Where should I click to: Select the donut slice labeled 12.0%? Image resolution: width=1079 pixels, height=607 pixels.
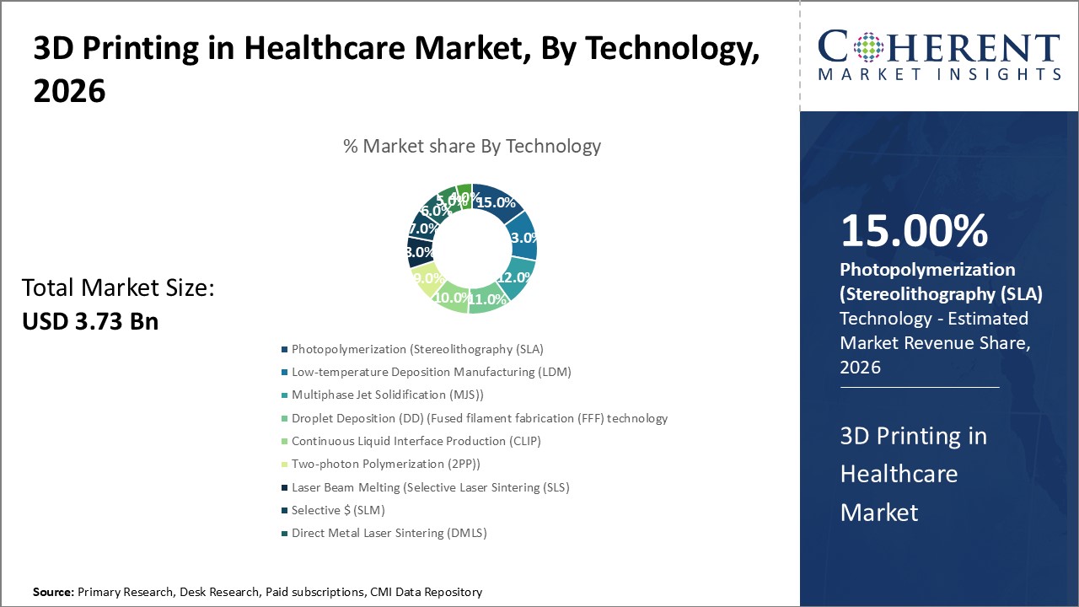pos(515,277)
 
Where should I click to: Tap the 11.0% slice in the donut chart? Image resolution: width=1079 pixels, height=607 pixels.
pos(487,299)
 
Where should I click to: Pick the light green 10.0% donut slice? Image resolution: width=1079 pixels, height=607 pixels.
pos(451,297)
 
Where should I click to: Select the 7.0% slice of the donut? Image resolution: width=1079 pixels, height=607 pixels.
pos(422,228)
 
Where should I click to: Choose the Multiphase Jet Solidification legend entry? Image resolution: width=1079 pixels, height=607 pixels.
pos(388,395)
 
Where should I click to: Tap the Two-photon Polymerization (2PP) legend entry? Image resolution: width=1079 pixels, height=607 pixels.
pos(385,464)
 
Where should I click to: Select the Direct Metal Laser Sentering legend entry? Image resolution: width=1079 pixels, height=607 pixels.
pos(389,533)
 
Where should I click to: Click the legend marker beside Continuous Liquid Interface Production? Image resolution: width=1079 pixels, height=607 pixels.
pos(285,441)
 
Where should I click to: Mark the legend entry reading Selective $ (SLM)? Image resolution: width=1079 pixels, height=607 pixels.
pos(338,510)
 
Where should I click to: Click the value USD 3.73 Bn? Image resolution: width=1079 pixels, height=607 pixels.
pos(90,320)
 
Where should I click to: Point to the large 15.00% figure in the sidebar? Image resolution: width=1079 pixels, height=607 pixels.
pos(914,232)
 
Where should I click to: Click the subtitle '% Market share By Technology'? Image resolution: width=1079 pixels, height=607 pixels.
pos(472,146)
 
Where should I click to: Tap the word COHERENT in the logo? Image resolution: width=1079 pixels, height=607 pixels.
pos(938,49)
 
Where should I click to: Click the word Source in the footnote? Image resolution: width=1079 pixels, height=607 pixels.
pos(53,592)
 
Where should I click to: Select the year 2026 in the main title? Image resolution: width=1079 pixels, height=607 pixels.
pos(70,91)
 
